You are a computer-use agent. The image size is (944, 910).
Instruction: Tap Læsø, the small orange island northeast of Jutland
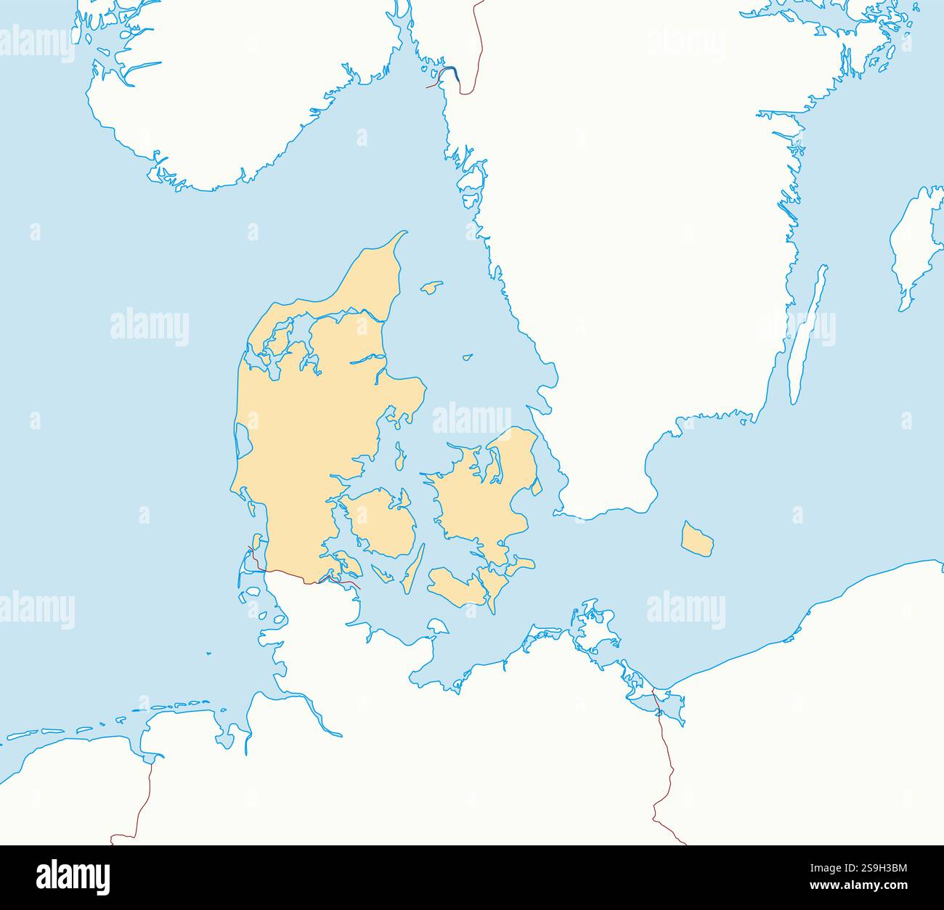coord(432,287)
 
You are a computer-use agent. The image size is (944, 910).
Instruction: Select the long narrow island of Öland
coord(807,333)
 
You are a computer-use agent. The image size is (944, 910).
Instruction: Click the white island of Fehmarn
coord(437,626)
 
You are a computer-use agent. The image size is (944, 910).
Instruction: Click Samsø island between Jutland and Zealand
coord(399,457)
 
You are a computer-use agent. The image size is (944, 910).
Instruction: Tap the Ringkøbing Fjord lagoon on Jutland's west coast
coord(243,439)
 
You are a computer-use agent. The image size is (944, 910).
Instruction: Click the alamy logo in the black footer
coord(73,877)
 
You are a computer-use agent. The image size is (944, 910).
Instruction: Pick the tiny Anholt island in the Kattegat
coord(468,357)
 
